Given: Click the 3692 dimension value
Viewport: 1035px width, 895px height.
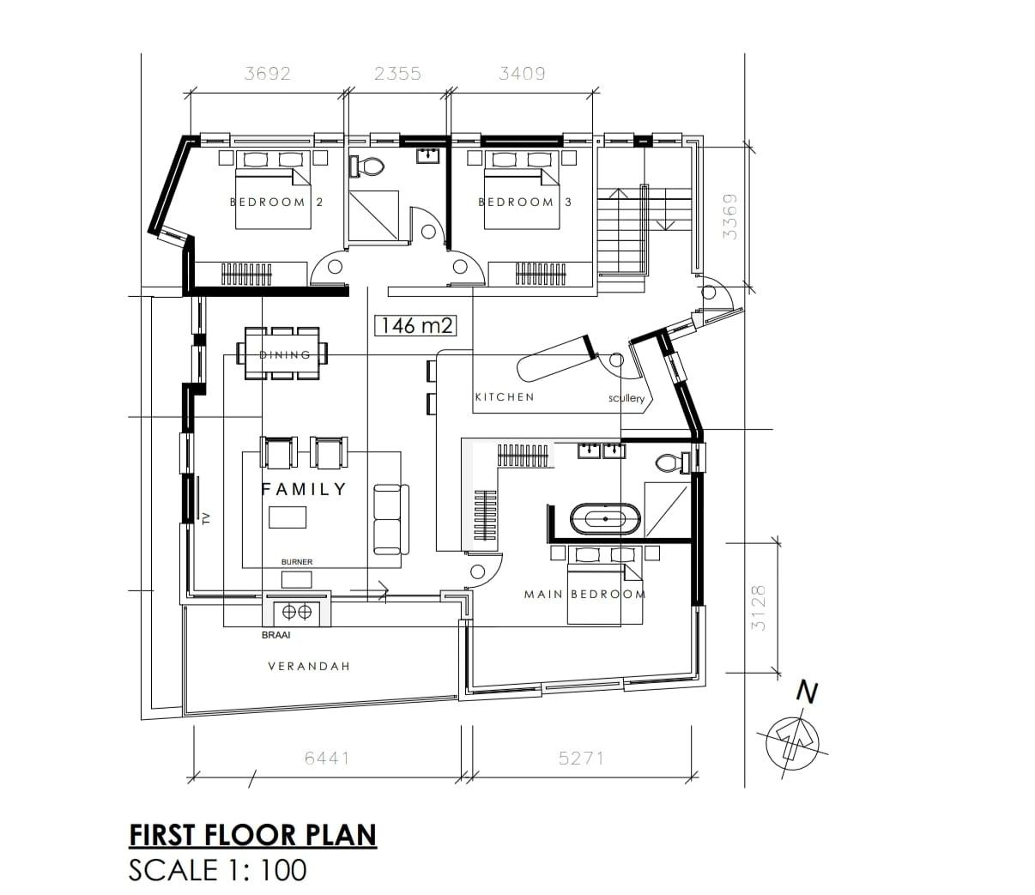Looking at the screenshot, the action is tap(268, 74).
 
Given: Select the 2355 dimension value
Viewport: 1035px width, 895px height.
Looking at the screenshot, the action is tap(397, 74).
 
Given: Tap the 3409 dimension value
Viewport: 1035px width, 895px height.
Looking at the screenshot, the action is tap(522, 74).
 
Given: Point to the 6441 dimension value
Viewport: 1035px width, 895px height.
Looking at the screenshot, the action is tap(327, 759).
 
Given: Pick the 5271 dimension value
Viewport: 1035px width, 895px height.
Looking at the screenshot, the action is tap(581, 759).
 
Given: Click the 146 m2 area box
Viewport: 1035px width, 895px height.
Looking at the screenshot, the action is tap(416, 326).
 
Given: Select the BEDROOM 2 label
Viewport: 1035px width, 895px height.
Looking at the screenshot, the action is tap(276, 203).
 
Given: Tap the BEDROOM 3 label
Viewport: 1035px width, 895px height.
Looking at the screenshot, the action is tap(524, 203).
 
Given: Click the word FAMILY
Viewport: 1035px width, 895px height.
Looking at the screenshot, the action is tap(304, 489).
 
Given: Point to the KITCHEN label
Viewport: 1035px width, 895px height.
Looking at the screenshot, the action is tap(505, 397).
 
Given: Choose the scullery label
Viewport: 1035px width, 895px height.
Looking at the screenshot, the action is tap(626, 398).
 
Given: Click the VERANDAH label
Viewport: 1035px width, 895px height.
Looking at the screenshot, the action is tap(309, 666).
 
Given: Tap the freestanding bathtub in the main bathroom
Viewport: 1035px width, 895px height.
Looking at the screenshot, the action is tap(605, 519).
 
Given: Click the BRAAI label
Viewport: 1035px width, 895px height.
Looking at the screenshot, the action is tap(275, 635).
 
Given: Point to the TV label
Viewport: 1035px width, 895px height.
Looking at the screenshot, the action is tap(207, 518).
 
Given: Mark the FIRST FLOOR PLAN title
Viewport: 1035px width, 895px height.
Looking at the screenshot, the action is tap(253, 835).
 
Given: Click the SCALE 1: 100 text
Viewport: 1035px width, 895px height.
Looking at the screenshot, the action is tap(218, 870).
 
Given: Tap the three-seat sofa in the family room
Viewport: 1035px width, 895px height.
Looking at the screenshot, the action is tap(391, 519).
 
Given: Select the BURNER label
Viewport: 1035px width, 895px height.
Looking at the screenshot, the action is tap(297, 562).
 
